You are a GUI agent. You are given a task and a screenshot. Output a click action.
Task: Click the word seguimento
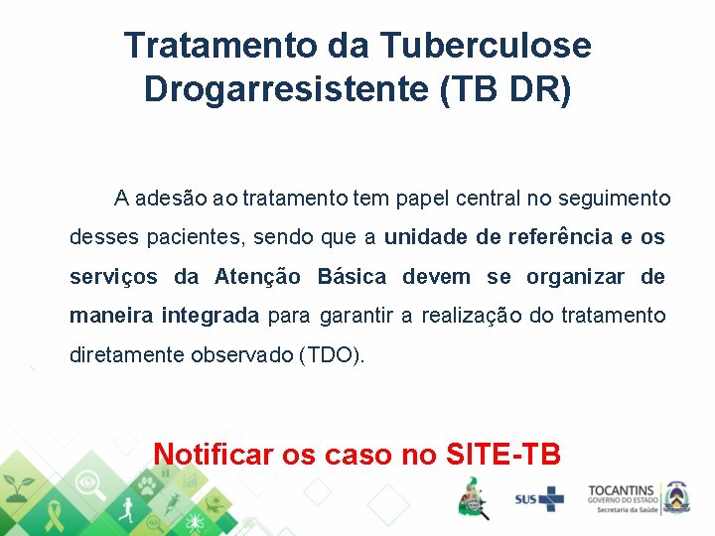coord(616,199)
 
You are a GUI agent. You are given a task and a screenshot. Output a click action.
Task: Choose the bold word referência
coord(560,237)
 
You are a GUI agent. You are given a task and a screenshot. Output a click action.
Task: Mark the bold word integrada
coord(211,316)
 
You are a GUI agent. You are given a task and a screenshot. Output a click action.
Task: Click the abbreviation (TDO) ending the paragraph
coord(332,354)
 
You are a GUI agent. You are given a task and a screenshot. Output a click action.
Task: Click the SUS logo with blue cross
coord(538,498)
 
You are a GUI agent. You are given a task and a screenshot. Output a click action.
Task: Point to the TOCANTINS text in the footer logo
coord(621,490)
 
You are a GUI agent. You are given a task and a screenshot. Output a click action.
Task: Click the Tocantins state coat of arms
coord(678,496)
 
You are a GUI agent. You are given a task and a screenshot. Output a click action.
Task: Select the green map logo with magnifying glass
coord(474,497)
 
